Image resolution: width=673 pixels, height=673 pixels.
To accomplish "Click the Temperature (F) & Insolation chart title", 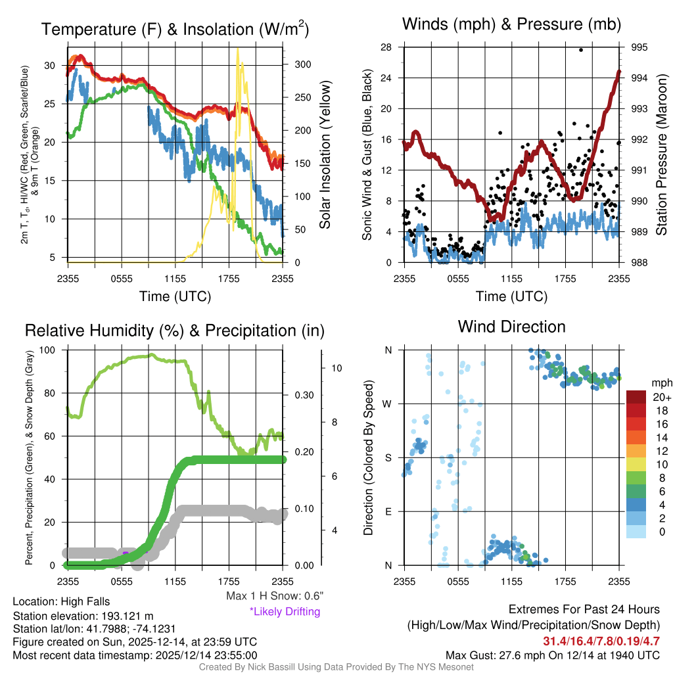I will pos(175,29).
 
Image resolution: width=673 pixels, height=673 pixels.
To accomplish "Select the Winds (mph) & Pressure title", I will pos(511,24).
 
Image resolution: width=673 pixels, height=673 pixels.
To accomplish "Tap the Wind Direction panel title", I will pos(511,327).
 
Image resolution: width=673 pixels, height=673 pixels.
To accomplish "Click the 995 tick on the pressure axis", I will pos(639,47).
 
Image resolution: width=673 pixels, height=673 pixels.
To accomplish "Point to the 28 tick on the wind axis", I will pos(386,47).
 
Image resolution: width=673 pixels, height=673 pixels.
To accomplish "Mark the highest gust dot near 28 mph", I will pos(581,50).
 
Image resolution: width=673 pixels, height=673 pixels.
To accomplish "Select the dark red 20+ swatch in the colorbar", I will pos(636,397).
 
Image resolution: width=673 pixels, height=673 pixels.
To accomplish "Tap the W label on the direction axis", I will pos(388,404).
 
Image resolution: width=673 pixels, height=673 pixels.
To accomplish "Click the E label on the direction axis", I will pos(388,511).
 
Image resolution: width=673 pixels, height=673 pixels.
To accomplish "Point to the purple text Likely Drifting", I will pos(285,611).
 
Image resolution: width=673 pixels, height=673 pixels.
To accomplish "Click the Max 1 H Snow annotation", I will pos(274,596).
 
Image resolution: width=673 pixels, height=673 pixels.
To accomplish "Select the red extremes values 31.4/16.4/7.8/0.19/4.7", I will pos(601,641).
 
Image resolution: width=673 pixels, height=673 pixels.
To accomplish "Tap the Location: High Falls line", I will pos(61,601).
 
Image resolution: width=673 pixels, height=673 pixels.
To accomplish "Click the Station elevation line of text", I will pos(83,616).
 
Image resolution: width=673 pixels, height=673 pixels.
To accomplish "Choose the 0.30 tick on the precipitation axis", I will pos(303,395).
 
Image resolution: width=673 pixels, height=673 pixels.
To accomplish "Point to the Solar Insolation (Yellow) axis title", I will pos(325,155).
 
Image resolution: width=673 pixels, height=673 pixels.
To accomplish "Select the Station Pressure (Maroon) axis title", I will pos(662,155).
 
